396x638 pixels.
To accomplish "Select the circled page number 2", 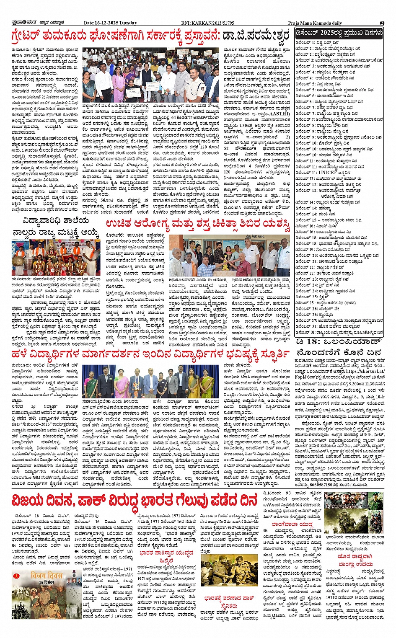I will [x=382, y=23].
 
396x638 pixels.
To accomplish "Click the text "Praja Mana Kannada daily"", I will [x=315, y=23].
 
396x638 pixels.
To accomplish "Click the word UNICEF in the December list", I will [x=328, y=172].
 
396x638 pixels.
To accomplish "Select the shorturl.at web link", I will [x=365, y=371].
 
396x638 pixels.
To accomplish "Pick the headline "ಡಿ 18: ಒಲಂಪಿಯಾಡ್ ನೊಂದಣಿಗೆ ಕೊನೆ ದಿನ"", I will [x=339, y=347].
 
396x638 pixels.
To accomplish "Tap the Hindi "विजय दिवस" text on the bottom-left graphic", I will [x=47, y=576].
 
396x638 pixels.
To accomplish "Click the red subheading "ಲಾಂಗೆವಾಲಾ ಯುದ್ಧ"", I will [x=292, y=524].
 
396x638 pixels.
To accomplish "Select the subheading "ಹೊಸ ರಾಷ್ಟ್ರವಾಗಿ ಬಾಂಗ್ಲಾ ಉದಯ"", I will [x=355, y=560].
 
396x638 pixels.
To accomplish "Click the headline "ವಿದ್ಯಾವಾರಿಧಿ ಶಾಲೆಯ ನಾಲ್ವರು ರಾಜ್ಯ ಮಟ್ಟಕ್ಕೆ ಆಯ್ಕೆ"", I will [x=55, y=227].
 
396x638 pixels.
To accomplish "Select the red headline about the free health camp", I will [x=197, y=225].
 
